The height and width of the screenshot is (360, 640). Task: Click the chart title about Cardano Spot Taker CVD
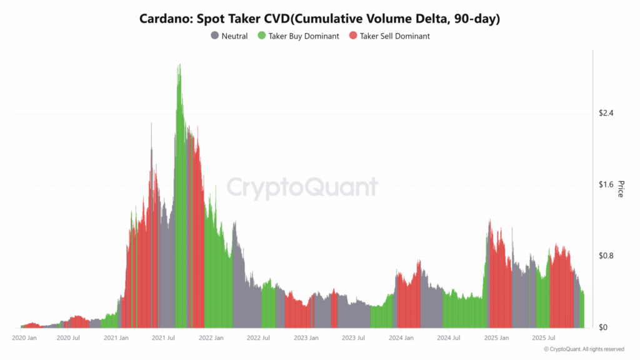pyautogui.click(x=319, y=19)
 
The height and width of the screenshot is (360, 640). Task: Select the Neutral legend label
pyautogui.click(x=234, y=36)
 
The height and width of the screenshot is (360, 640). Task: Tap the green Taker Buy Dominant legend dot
pyautogui.click(x=261, y=36)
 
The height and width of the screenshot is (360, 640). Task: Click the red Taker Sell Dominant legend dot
pyautogui.click(x=352, y=36)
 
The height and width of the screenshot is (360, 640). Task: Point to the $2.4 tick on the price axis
pyautogui.click(x=606, y=113)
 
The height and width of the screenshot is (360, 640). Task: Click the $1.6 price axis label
pyautogui.click(x=606, y=184)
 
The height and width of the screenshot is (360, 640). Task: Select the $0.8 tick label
pyautogui.click(x=606, y=256)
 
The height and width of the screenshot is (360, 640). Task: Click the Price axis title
pyautogui.click(x=621, y=189)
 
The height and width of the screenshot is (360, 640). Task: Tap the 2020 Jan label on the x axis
pyautogui.click(x=25, y=338)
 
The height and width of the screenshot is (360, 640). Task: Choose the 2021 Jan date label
pyautogui.click(x=116, y=338)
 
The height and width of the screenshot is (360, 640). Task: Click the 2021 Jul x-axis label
pyautogui.click(x=162, y=338)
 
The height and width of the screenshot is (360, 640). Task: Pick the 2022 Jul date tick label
pyautogui.click(x=257, y=338)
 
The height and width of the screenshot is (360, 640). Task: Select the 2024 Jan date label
pyautogui.click(x=401, y=338)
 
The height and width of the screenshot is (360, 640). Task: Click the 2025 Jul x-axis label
pyautogui.click(x=543, y=338)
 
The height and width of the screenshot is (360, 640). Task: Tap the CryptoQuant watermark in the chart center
pyautogui.click(x=302, y=187)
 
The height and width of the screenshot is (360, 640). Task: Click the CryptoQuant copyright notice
pyautogui.click(x=584, y=349)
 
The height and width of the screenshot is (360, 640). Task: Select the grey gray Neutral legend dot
pyautogui.click(x=216, y=36)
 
